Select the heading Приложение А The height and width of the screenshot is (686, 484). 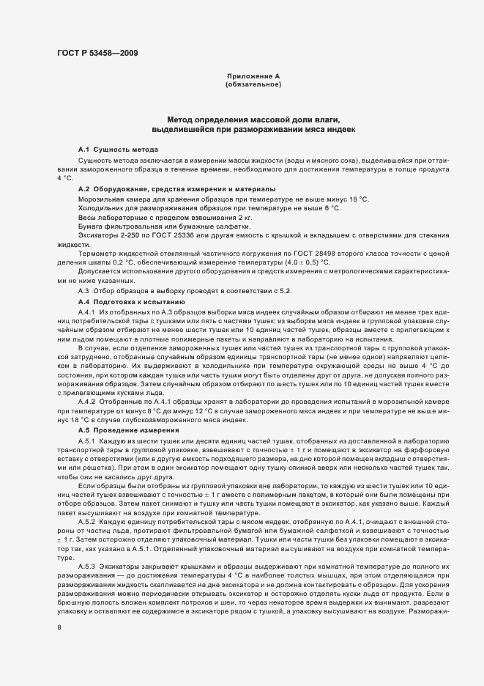pyautogui.click(x=253, y=76)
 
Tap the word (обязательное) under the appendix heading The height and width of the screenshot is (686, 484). pyautogui.click(x=253, y=85)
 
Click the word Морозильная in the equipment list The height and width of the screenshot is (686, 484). pyautogui.click(x=100, y=199)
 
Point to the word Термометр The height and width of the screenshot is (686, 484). pyautogui.click(x=100, y=254)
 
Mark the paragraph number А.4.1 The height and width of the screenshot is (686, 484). pyautogui.click(x=87, y=312)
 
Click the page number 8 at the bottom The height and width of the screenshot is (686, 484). pyautogui.click(x=59, y=627)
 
